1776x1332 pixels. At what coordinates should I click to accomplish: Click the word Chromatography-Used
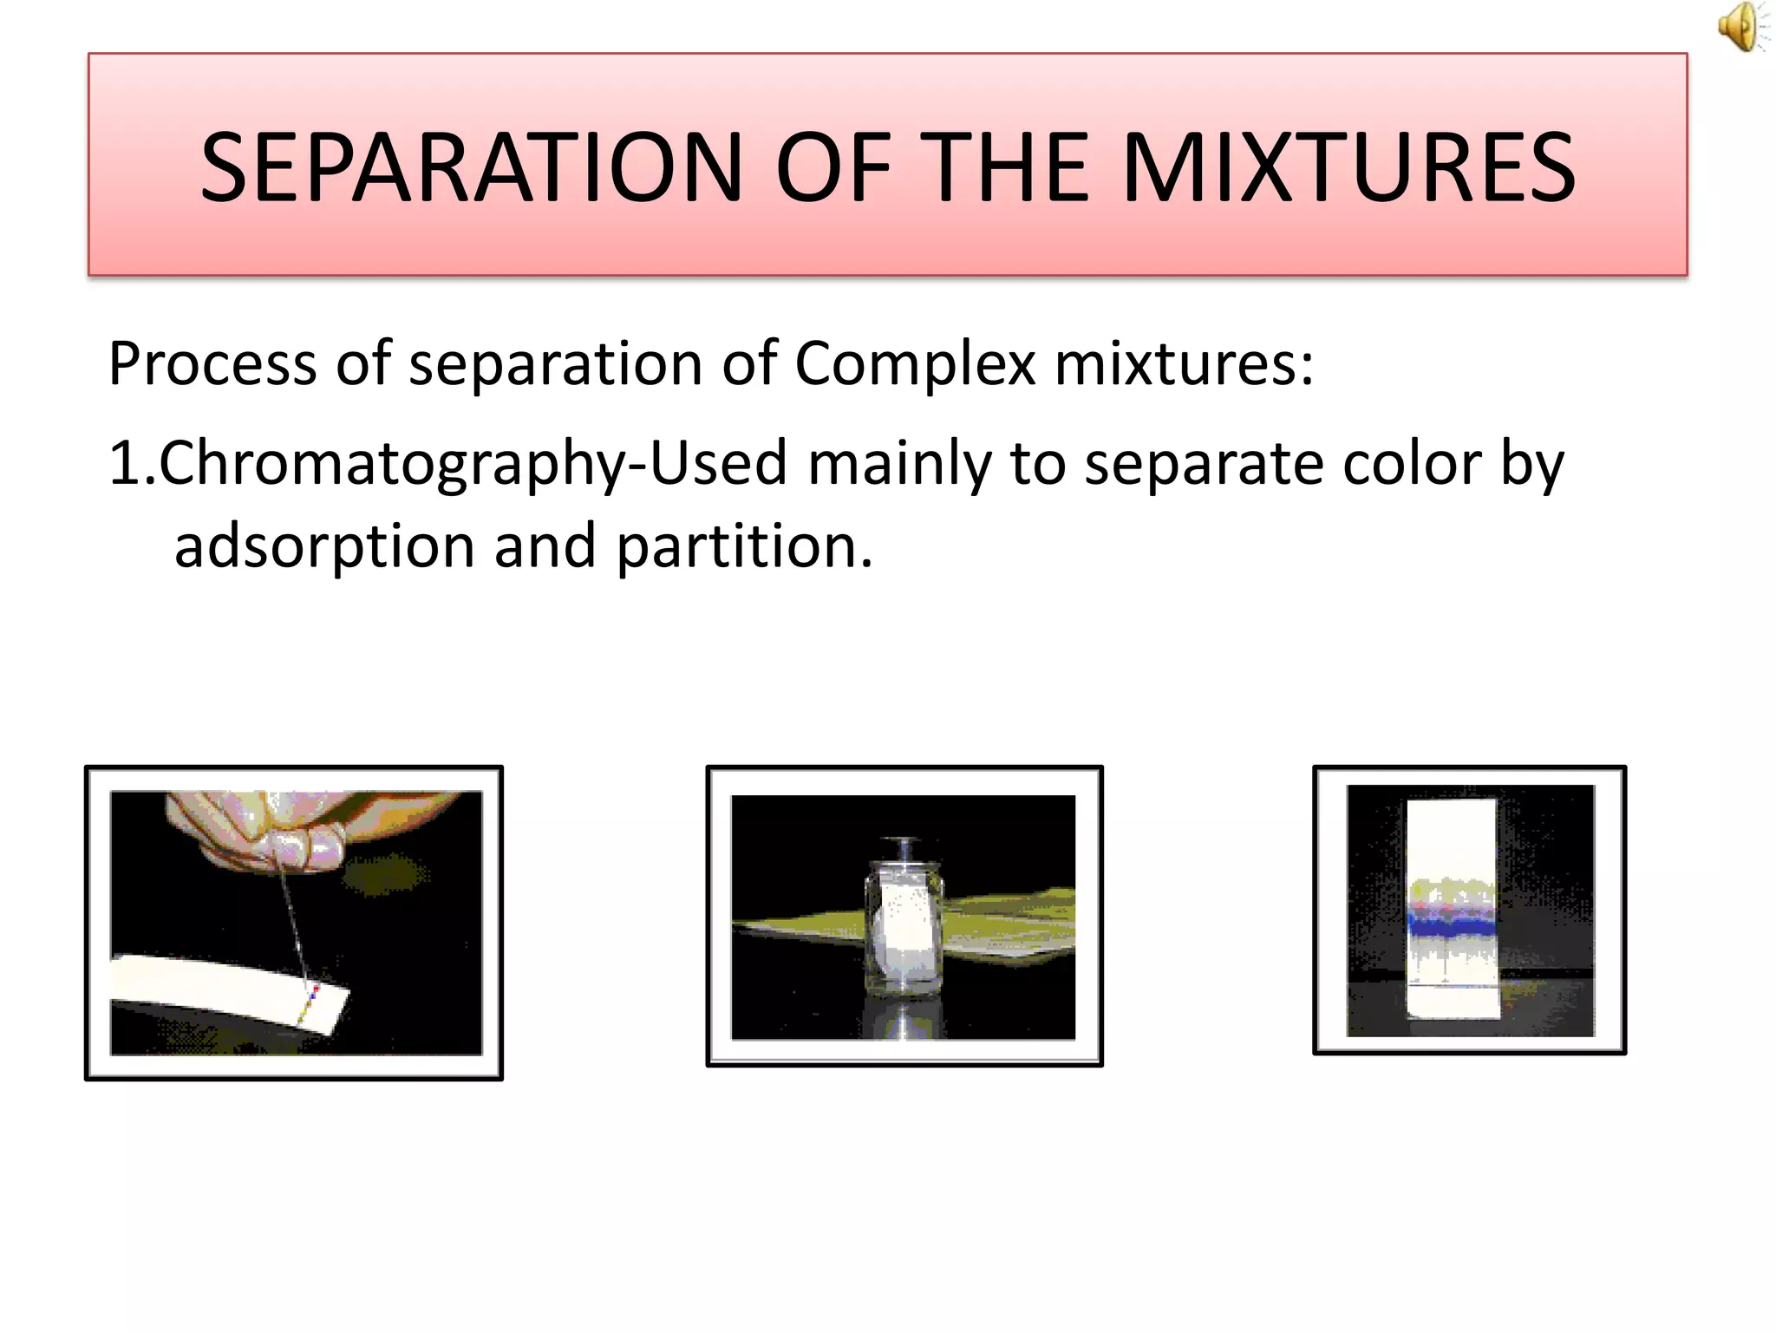pos(473,464)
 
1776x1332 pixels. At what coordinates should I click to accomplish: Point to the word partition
pos(743,548)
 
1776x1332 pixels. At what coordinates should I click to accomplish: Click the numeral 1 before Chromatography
pos(123,464)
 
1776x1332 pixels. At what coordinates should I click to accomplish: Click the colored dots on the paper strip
pos(310,1000)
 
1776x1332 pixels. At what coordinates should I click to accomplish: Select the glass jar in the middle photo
pos(904,932)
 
